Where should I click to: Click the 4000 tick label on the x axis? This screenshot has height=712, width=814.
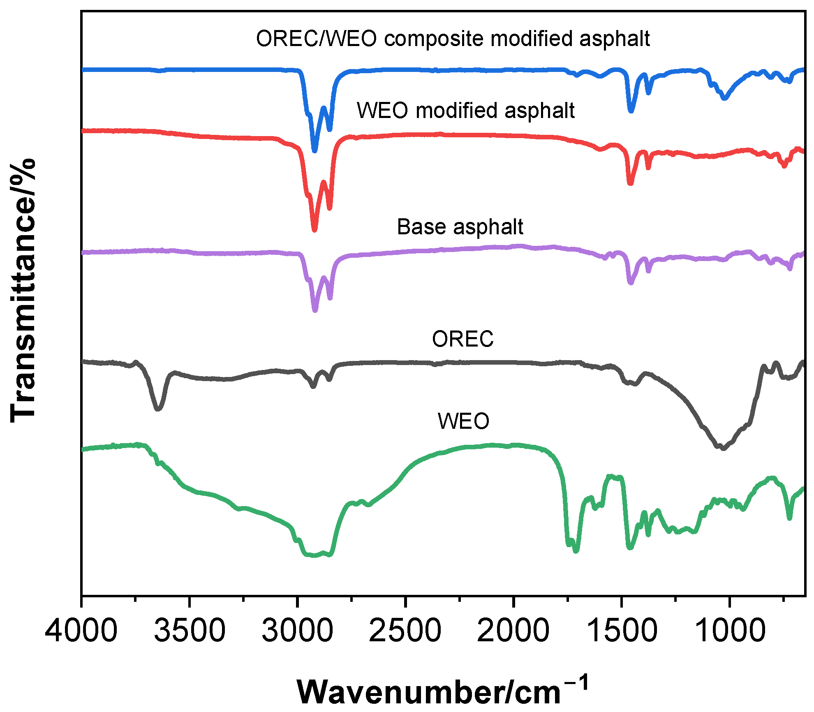pyautogui.click(x=81, y=631)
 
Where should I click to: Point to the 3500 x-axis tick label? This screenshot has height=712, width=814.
pyautogui.click(x=190, y=631)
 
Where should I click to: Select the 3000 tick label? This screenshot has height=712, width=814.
pyautogui.click(x=297, y=631)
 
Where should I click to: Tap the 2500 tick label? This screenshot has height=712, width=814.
pyautogui.click(x=405, y=631)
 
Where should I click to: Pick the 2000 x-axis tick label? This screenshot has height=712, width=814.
pyautogui.click(x=513, y=631)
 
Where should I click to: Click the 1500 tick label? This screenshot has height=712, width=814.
pyautogui.click(x=621, y=631)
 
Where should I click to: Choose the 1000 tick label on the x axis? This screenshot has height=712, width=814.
pyautogui.click(x=729, y=631)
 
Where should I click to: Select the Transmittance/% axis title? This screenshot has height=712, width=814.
pyautogui.click(x=23, y=290)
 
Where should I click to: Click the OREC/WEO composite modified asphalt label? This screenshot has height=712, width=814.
pyautogui.click(x=453, y=39)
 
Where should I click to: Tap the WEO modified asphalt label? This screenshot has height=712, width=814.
pyautogui.click(x=465, y=111)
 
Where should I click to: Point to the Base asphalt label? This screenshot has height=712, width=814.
pyautogui.click(x=460, y=227)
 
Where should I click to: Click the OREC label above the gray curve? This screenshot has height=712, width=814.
pyautogui.click(x=462, y=339)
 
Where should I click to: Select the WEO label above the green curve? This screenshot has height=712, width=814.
pyautogui.click(x=463, y=421)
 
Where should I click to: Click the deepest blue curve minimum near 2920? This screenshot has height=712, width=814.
pyautogui.click(x=315, y=151)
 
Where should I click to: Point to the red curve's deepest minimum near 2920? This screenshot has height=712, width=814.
pyautogui.click(x=314, y=230)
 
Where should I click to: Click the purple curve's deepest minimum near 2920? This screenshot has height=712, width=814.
pyautogui.click(x=315, y=311)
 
